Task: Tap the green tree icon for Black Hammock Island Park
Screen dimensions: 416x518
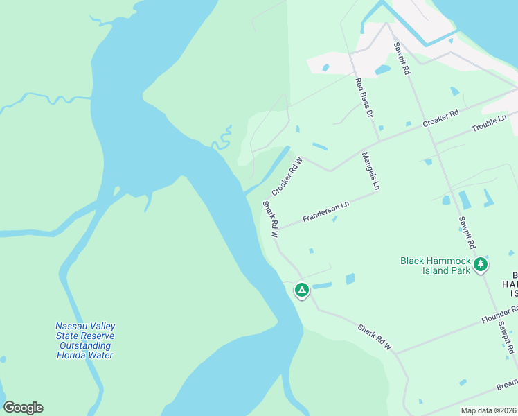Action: pos(481,264)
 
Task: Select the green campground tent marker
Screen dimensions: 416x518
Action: pos(301,290)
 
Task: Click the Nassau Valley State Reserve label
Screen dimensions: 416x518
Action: pos(85,340)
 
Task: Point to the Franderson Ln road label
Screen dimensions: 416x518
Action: pos(325,212)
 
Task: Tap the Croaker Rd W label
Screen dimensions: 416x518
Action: pos(287,176)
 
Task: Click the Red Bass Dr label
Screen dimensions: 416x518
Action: pos(364,96)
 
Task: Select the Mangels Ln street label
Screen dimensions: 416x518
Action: pos(371,171)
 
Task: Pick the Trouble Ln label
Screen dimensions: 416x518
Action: pos(489,125)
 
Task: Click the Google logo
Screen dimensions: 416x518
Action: pos(23,408)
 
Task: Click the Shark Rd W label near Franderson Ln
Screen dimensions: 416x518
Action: pos(270,220)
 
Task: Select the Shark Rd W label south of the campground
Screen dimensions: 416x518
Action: pos(375,336)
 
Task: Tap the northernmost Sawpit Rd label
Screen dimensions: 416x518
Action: pos(402,59)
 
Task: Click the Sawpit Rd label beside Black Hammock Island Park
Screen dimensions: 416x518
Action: pos(466,232)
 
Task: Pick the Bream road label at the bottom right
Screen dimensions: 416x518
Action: pos(506,383)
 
